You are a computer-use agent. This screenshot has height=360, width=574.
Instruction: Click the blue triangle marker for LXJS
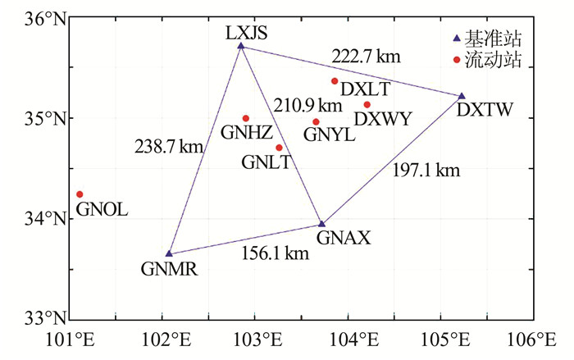tap(241, 46)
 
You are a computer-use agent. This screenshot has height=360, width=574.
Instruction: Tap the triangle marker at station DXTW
tap(462, 97)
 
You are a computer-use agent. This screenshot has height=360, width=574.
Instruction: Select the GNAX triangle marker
tap(322, 224)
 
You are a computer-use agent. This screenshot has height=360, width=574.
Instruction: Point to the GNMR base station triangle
tap(169, 254)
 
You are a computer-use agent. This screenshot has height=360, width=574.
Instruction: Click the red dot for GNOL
tap(80, 194)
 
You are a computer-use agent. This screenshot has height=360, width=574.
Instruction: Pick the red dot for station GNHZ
tap(246, 118)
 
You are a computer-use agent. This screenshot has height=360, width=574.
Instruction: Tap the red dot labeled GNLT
tap(280, 148)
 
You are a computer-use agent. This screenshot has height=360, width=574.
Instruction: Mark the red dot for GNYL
tap(316, 122)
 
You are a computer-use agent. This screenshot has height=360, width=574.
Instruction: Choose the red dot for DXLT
tap(335, 81)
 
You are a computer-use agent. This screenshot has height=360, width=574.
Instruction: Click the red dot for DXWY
tap(367, 104)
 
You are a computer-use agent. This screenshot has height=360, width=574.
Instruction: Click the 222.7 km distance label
tap(366, 57)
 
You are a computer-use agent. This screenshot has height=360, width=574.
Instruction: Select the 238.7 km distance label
tap(168, 148)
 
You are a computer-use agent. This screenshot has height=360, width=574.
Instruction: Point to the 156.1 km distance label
tap(275, 253)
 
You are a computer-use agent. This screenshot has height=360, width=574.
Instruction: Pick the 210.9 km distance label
tap(307, 105)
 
